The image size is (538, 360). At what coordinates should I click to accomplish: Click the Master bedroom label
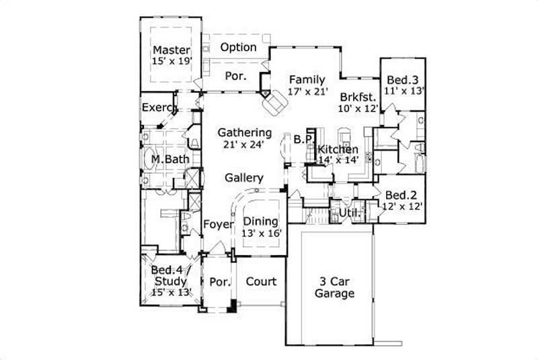tap(171, 50)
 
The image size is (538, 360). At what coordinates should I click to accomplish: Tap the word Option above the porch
tap(239, 47)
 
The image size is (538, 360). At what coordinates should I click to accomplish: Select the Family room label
tap(307, 79)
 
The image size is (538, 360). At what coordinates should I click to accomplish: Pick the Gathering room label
tap(244, 133)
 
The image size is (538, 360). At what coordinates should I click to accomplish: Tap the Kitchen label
tap(338, 149)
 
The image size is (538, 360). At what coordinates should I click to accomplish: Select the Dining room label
tap(262, 221)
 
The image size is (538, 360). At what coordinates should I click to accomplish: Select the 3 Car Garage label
tap(335, 287)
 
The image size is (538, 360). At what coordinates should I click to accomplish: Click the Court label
tap(261, 281)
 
